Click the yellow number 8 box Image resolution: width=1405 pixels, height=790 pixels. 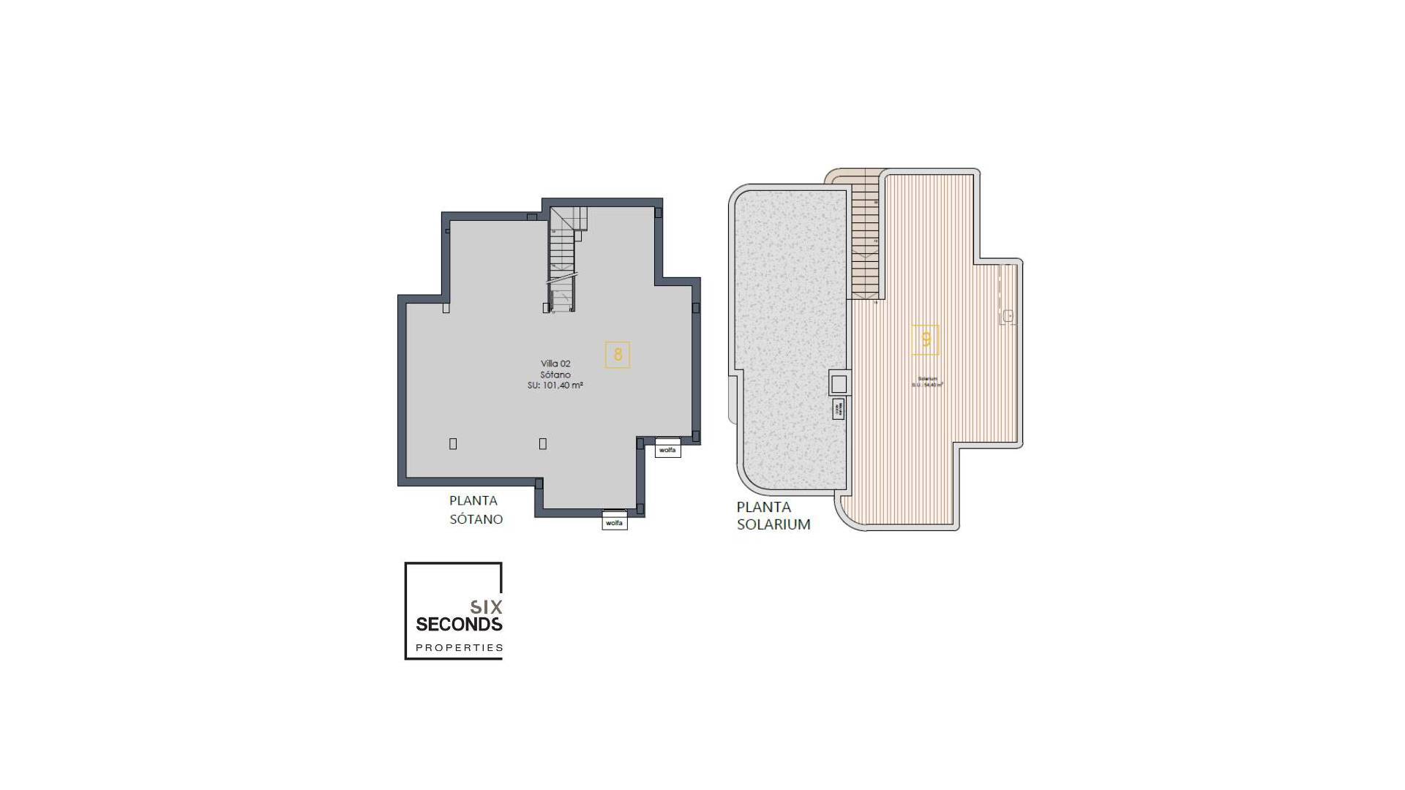tap(618, 355)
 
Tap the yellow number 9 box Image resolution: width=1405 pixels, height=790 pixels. tap(926, 339)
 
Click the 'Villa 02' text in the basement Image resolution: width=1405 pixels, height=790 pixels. tap(555, 364)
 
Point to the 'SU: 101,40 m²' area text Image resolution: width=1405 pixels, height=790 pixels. tap(555, 385)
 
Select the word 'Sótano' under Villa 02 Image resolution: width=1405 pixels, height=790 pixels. tap(555, 375)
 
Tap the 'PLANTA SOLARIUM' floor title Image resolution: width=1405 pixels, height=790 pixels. tap(773, 516)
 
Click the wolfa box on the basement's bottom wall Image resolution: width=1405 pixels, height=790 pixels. tap(615, 522)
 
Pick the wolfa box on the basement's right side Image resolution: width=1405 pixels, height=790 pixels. tap(667, 450)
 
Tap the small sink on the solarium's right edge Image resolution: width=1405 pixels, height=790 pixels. tap(1008, 316)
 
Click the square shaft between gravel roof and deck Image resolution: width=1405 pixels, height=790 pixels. tap(839, 383)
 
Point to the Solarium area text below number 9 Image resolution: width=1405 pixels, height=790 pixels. tap(927, 382)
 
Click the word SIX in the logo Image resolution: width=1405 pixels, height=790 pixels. tap(486, 606)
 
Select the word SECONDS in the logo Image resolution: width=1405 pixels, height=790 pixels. tap(459, 624)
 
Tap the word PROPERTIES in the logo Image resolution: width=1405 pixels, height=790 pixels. tap(460, 647)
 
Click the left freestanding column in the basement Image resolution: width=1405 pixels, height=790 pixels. tap(453, 444)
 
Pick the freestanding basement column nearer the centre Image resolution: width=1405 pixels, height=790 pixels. tap(542, 444)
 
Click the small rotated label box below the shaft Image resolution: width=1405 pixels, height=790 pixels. tap(839, 409)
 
